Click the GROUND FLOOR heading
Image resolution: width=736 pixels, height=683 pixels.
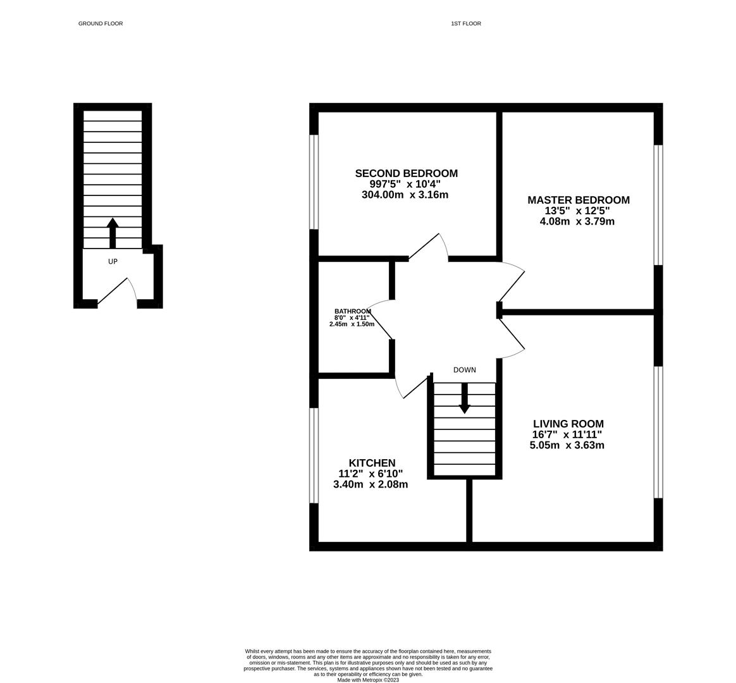(x=101, y=23)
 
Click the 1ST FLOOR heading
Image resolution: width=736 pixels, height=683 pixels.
(x=466, y=23)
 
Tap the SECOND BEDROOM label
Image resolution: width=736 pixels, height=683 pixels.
(x=406, y=173)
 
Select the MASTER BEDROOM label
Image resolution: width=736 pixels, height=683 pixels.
(x=579, y=200)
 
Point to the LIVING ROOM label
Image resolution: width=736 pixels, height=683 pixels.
(x=568, y=424)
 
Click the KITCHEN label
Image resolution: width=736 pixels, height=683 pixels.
(x=372, y=463)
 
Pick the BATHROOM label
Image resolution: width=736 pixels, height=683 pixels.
(x=352, y=311)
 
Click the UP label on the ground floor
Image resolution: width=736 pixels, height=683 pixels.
(x=113, y=261)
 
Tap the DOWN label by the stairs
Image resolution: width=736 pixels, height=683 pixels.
(x=465, y=370)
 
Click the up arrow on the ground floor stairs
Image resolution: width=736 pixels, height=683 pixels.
(x=113, y=232)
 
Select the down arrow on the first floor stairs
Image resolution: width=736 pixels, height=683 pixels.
(x=465, y=398)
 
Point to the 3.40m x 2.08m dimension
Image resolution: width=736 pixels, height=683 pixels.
(x=371, y=484)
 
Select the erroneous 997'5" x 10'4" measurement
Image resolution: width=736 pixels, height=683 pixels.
(x=405, y=184)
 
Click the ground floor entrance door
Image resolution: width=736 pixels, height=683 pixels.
(x=118, y=292)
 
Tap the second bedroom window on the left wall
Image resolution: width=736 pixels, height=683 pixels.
(x=314, y=182)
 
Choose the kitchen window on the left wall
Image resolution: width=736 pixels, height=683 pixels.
(x=314, y=455)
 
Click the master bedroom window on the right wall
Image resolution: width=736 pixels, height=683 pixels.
(x=658, y=205)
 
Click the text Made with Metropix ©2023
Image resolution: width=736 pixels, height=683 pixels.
(x=368, y=680)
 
